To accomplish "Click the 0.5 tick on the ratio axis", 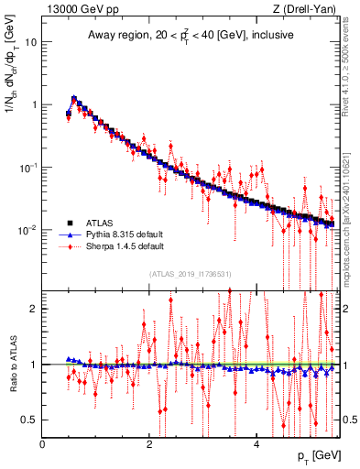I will pyautogui.click(x=29, y=420).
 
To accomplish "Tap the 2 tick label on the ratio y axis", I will pyautogui.click(x=34, y=309).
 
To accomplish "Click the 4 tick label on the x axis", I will pyautogui.click(x=256, y=444).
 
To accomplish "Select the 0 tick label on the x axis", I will pyautogui.click(x=43, y=444).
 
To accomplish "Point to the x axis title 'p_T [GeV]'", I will pyautogui.click(x=314, y=456).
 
